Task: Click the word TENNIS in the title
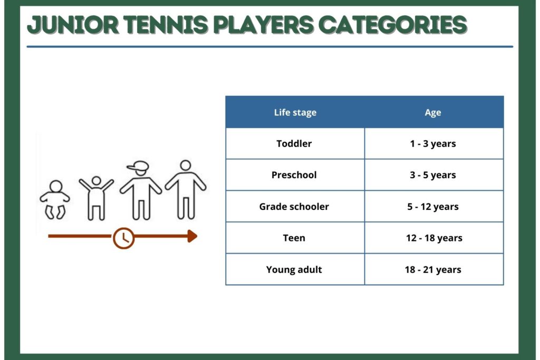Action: pyautogui.click(x=166, y=25)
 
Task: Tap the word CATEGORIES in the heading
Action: pyautogui.click(x=392, y=25)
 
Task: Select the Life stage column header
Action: pyautogui.click(x=295, y=113)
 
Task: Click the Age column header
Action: pyautogui.click(x=433, y=113)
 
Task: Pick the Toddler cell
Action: pyautogui.click(x=294, y=143)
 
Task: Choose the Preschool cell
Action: pyautogui.click(x=294, y=175)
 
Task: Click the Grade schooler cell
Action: pyautogui.click(x=294, y=207)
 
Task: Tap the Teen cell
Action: pyautogui.click(x=294, y=238)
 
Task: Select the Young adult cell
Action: pyautogui.click(x=294, y=269)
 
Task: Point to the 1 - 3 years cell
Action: pyautogui.click(x=433, y=143)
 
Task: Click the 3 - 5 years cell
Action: pyautogui.click(x=433, y=175)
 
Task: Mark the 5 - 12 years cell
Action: pyautogui.click(x=433, y=207)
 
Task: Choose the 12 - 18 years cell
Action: pyautogui.click(x=434, y=238)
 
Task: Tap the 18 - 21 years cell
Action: pyautogui.click(x=433, y=269)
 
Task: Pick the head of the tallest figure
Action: pyautogui.click(x=186, y=165)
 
